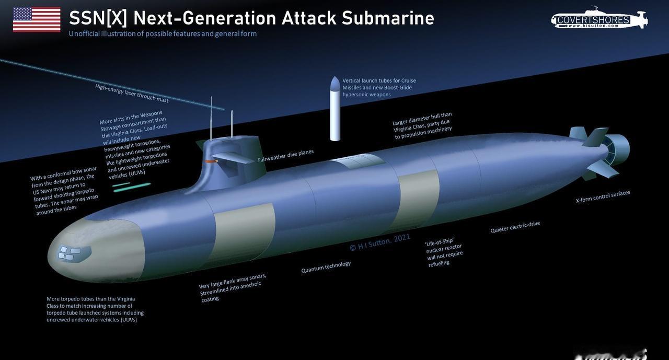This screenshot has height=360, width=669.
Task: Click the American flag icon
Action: (37, 19)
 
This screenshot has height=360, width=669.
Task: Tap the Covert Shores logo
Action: (599, 19)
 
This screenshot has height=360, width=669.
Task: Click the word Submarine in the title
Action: (388, 18)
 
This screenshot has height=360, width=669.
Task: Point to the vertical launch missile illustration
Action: (335, 109)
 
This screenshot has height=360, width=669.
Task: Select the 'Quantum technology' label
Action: (326, 267)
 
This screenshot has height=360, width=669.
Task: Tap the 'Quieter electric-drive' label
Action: (515, 227)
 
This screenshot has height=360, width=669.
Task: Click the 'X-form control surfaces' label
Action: (603, 196)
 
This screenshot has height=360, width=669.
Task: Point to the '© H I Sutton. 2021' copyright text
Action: (380, 242)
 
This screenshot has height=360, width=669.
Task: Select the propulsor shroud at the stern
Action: (618, 149)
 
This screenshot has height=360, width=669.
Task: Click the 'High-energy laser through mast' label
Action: (132, 93)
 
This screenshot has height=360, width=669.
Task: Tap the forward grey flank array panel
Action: (245, 232)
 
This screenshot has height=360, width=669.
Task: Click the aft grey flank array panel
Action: (419, 198)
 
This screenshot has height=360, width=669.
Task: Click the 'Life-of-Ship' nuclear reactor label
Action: (443, 252)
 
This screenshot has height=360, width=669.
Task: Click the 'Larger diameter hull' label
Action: (422, 125)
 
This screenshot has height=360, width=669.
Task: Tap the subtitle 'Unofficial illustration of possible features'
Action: (163, 34)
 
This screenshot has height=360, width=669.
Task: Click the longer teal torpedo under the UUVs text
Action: (132, 187)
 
